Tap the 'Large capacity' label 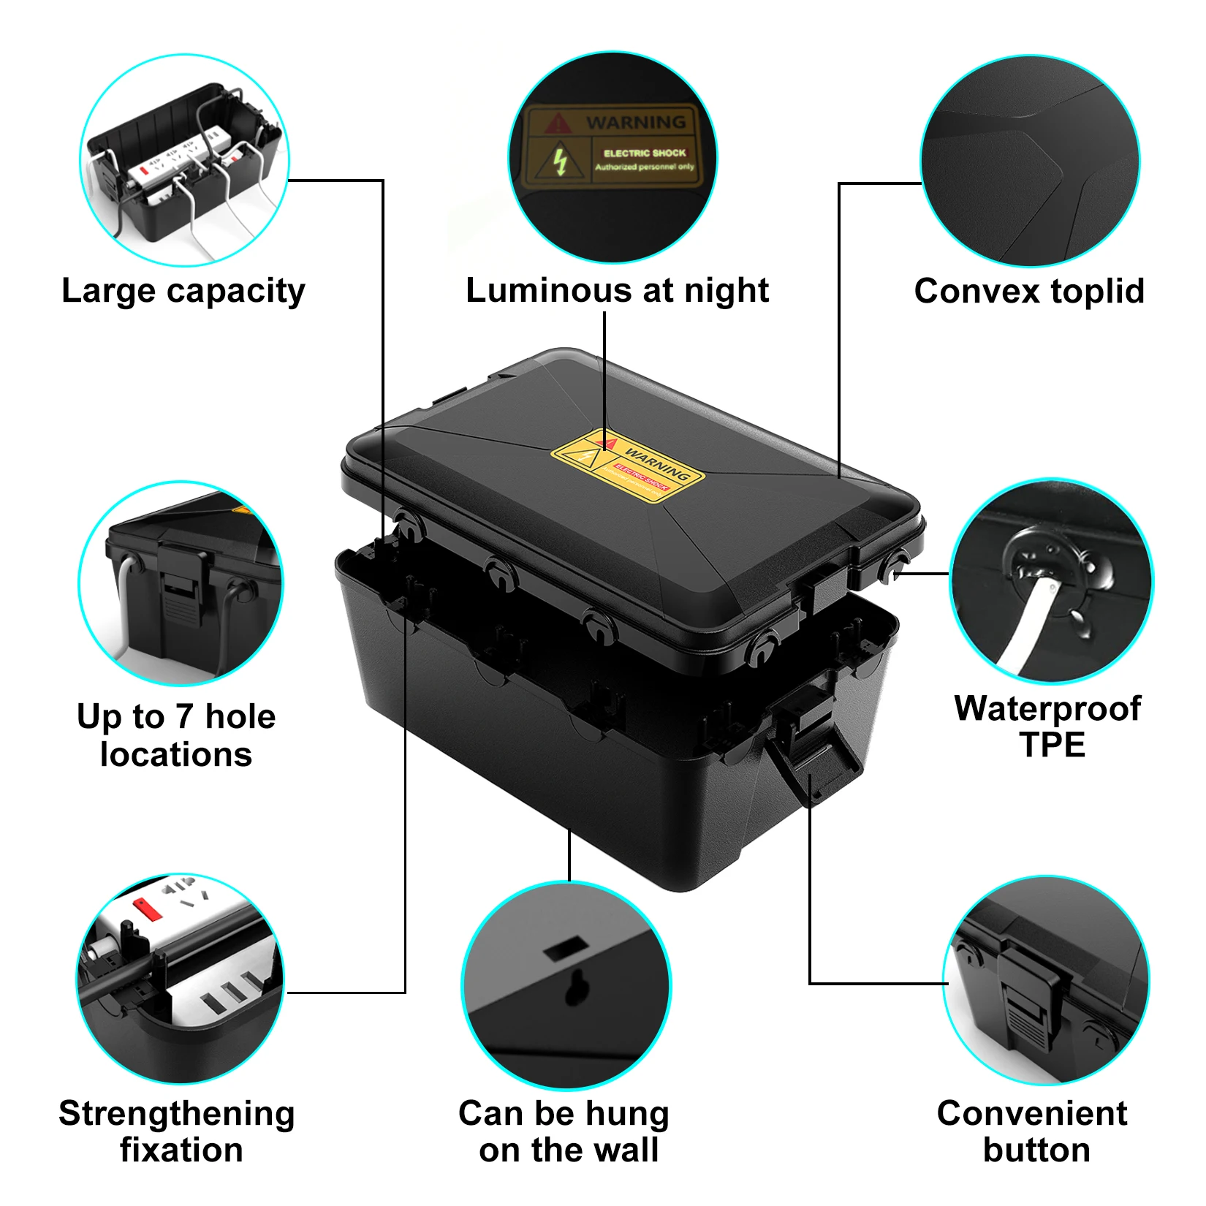(183, 291)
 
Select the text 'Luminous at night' (617, 290)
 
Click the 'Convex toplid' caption (1028, 291)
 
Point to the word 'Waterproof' (1047, 708)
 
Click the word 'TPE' (1052, 745)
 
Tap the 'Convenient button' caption (1033, 1131)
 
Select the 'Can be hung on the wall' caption (565, 1131)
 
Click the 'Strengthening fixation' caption (177, 1131)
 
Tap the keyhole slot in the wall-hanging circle (577, 988)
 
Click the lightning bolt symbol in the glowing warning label (560, 162)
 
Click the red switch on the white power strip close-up (147, 909)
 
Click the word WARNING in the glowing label (635, 122)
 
